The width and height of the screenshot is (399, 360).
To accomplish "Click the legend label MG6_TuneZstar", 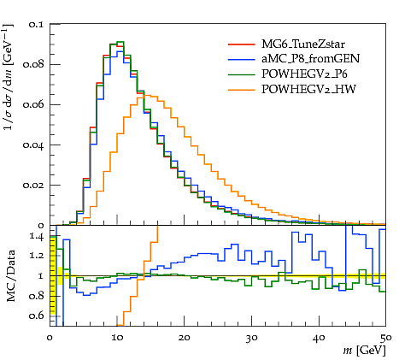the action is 303,44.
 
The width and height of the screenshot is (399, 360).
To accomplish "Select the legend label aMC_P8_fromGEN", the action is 311,59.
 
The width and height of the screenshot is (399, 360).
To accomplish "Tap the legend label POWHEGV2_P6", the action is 304,74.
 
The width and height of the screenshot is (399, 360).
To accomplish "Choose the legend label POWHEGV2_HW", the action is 308,89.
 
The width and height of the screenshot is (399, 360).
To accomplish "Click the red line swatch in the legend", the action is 241,44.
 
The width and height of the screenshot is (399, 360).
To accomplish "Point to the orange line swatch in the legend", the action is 241,90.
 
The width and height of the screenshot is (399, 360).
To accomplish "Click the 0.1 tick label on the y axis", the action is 36,25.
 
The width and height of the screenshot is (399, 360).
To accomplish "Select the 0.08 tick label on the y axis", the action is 33,65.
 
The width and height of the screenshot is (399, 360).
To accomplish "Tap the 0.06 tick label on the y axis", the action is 33,105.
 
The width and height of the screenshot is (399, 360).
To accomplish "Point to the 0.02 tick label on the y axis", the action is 33,186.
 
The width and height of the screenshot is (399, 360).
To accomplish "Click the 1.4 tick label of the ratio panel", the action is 37,237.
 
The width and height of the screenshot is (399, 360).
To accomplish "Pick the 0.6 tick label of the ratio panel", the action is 36,316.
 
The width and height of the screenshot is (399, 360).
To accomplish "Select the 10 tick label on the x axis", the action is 117,338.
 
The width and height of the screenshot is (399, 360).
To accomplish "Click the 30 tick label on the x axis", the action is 251,338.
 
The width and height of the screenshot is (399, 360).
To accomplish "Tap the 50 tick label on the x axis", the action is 386,338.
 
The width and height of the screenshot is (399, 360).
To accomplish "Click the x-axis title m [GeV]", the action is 364,351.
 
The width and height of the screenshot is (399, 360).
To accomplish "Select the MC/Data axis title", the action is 10,276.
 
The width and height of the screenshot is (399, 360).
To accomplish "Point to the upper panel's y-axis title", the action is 9,77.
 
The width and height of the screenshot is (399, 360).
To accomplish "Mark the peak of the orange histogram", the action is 147,95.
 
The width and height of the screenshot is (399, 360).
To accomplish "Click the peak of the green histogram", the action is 120,42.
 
